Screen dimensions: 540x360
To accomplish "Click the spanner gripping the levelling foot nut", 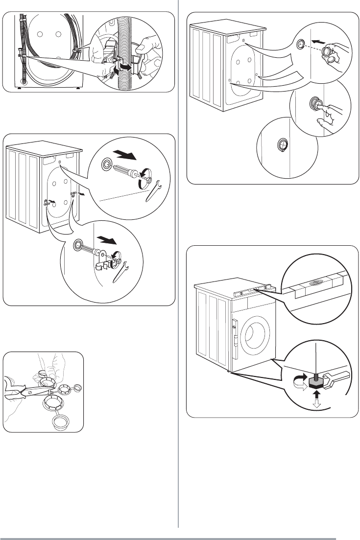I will coord(335,377).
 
